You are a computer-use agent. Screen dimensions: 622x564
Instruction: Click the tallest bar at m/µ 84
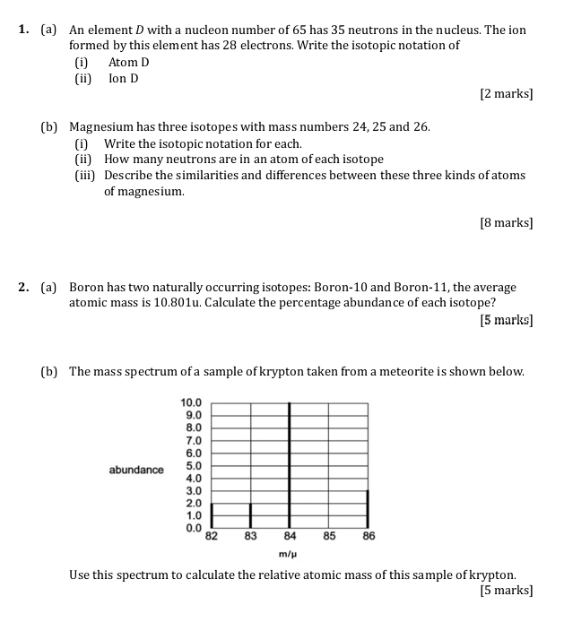click(289, 466)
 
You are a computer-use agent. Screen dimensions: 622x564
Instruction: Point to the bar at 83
click(250, 516)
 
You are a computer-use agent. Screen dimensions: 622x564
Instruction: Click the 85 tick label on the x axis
click(329, 537)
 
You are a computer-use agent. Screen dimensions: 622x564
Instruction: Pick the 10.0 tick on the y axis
click(193, 403)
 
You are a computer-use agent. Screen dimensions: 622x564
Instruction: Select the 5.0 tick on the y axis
click(193, 466)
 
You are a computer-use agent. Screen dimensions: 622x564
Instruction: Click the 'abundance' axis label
click(136, 470)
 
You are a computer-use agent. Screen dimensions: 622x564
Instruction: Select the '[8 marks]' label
click(506, 223)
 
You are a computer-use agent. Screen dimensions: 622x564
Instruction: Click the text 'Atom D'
click(128, 62)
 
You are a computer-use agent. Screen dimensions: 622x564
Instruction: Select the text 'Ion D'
click(124, 78)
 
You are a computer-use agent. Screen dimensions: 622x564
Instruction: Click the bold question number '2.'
click(24, 288)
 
